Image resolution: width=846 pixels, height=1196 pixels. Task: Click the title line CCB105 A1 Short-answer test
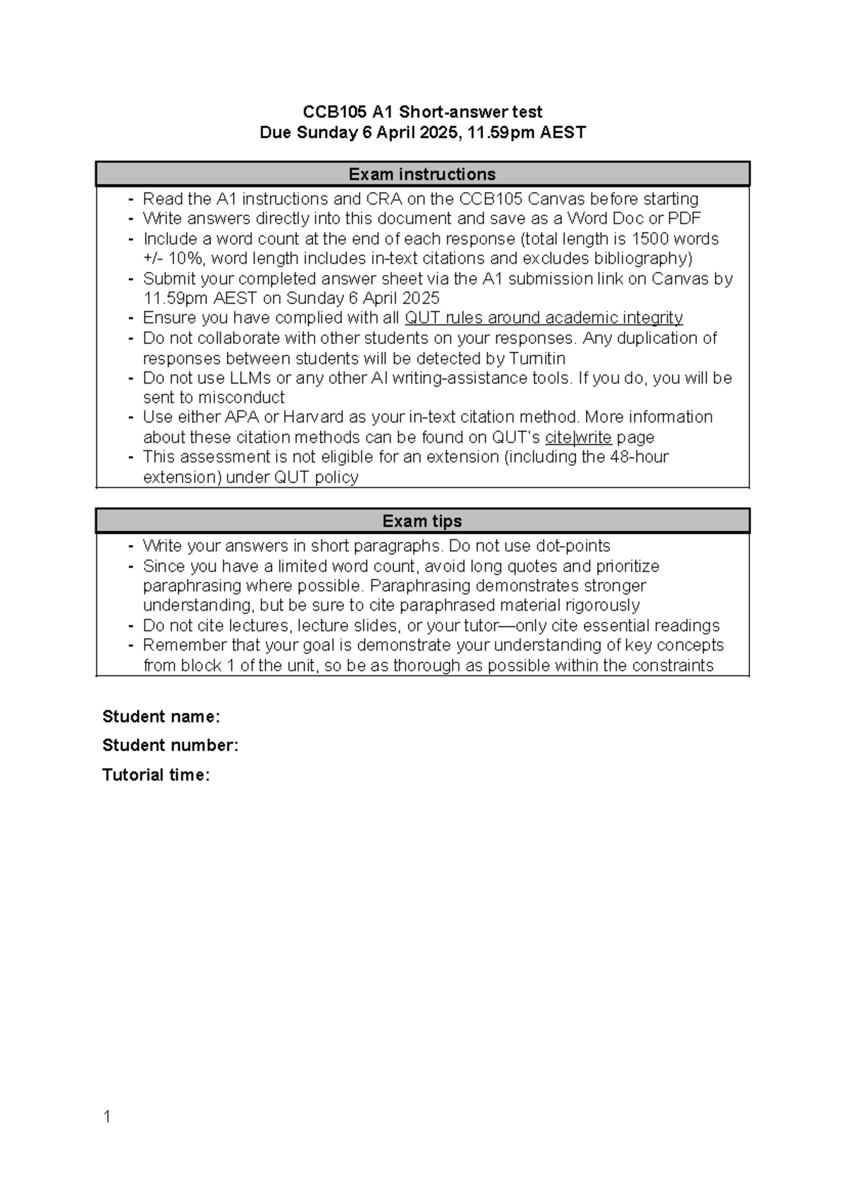[x=422, y=111]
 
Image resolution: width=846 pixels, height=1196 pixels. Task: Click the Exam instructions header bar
[x=422, y=173]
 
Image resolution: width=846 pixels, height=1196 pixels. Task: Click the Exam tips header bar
[x=422, y=520]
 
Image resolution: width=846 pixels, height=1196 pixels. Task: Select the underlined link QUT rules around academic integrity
[x=544, y=318]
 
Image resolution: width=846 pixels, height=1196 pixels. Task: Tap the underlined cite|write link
[x=578, y=437]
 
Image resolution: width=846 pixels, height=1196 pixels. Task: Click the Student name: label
[x=161, y=716]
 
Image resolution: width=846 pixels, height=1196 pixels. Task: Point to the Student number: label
[x=170, y=745]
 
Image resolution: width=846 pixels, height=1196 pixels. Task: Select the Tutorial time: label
[x=156, y=775]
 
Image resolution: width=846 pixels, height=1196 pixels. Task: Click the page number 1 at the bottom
[x=106, y=1116]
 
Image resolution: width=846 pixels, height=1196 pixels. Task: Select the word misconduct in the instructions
[x=241, y=398]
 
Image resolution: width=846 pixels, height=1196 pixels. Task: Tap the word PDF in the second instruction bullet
[x=683, y=219]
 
